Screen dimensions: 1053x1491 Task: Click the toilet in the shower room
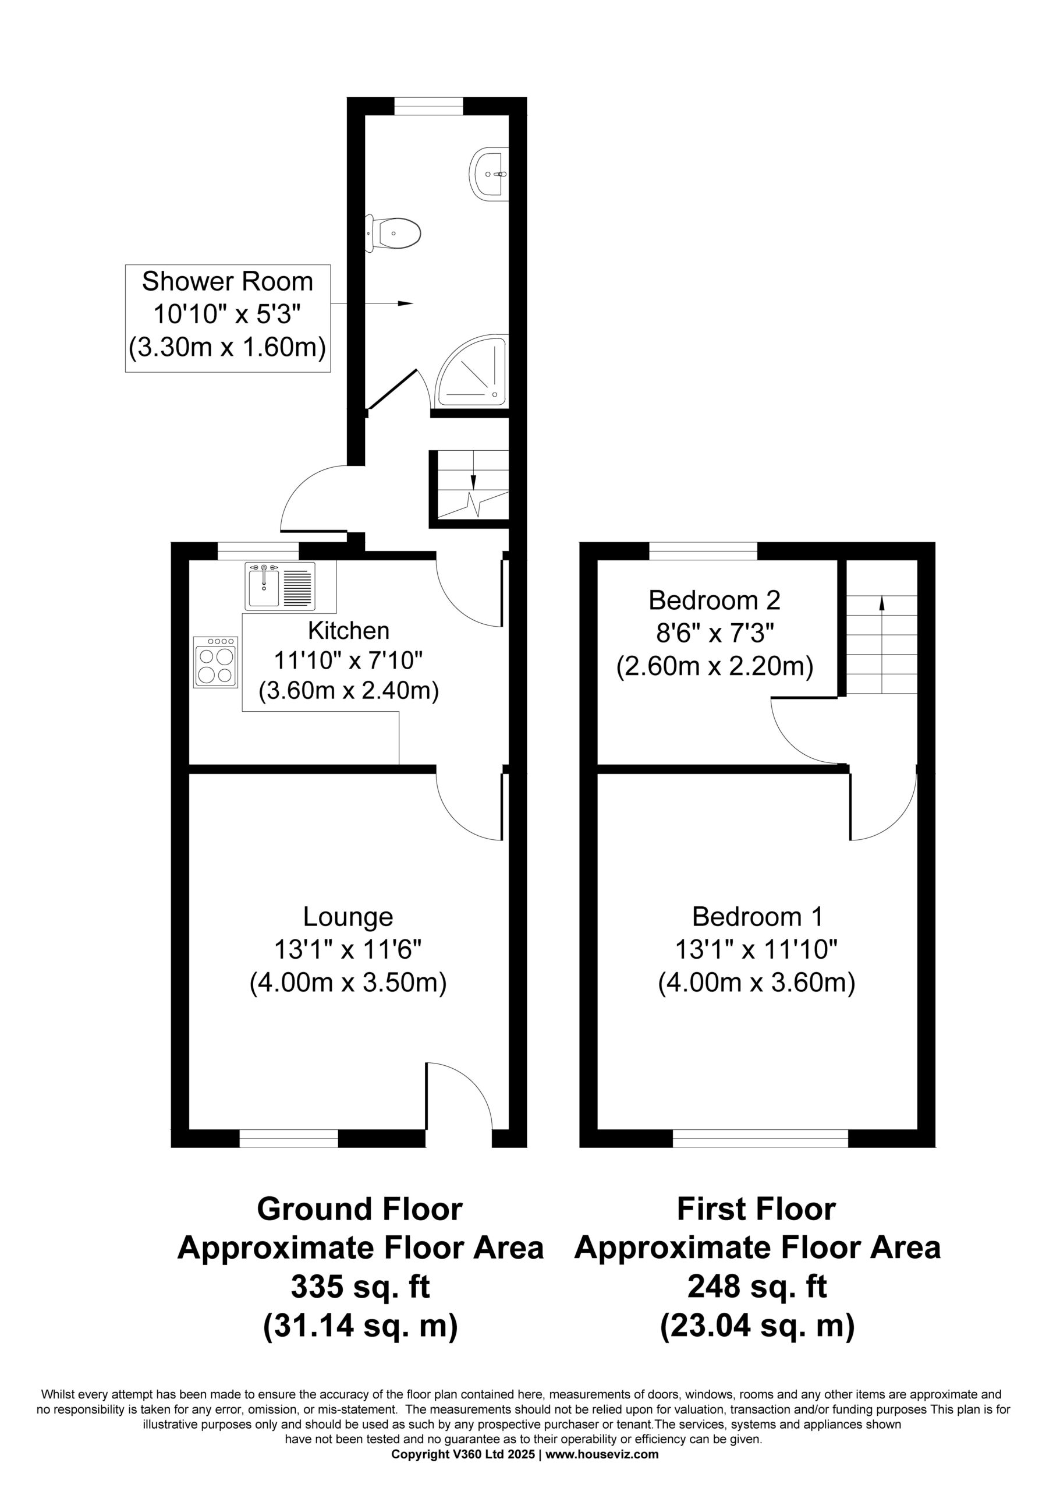(393, 232)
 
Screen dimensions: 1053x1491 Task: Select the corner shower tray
(472, 372)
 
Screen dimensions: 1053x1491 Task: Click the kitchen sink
(280, 586)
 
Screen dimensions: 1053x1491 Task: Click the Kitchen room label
(349, 630)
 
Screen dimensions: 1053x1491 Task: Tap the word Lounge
(348, 916)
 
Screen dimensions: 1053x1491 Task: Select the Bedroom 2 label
(714, 600)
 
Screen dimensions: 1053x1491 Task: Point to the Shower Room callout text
(227, 281)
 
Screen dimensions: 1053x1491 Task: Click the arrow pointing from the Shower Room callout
(371, 303)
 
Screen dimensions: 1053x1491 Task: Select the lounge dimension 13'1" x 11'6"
(348, 950)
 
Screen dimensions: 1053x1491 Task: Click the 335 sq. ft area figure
(360, 1286)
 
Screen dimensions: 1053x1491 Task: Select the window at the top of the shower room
(428, 105)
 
